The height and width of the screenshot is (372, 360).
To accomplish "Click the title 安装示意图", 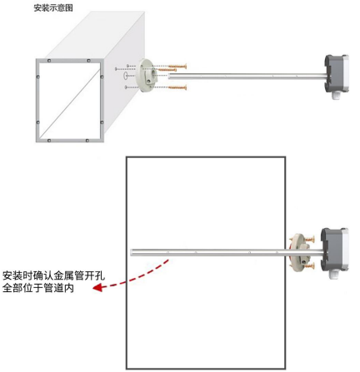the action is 53,8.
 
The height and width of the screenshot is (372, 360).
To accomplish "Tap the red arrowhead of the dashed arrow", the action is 97,287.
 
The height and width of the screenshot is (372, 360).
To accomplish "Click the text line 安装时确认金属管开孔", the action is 54,276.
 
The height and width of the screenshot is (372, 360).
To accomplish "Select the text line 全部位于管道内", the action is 38,288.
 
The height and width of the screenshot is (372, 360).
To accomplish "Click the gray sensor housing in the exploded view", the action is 337,74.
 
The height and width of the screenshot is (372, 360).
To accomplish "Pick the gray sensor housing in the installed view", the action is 334,249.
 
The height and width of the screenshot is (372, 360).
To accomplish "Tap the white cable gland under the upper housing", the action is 336,95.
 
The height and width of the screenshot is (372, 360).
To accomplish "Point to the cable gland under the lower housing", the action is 334,275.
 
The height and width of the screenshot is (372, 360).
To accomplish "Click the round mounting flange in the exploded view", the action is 147,76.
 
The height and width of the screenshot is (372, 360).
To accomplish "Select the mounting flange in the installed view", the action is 298,251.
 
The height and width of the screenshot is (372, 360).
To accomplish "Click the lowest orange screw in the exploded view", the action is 177,88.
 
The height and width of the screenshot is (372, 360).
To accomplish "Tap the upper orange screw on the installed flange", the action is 309,239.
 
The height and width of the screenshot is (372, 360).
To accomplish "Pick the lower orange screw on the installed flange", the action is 309,266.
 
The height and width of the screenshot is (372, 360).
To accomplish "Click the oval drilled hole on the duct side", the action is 125,75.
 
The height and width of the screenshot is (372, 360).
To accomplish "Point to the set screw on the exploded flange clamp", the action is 149,81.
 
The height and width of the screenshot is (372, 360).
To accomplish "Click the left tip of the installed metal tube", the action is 131,252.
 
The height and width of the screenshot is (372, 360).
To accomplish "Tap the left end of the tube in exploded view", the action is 169,77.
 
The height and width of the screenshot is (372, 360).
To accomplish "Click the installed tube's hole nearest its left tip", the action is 167,253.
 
